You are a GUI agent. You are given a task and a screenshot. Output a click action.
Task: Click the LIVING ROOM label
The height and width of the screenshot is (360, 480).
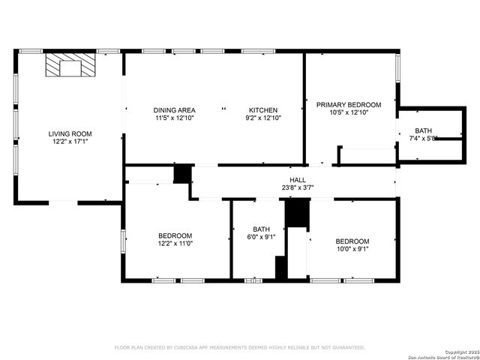(x=70, y=133)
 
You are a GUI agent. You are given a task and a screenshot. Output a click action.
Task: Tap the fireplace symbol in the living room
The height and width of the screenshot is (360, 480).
(x=70, y=65)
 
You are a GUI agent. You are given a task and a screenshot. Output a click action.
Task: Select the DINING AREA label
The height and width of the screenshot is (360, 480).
(x=175, y=110)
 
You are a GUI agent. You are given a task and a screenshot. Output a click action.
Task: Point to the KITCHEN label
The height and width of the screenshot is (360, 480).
(x=263, y=110)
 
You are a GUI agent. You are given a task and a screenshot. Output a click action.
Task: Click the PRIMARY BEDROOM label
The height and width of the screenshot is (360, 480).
(x=349, y=104)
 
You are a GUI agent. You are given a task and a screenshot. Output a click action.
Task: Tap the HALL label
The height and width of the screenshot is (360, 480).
(x=298, y=180)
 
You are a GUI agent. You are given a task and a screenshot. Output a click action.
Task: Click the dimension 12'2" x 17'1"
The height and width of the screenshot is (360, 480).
(x=70, y=141)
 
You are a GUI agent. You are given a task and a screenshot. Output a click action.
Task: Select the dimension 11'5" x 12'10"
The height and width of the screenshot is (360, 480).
(x=175, y=118)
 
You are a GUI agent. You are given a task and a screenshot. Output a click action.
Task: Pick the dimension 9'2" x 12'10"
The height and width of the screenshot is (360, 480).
(x=263, y=118)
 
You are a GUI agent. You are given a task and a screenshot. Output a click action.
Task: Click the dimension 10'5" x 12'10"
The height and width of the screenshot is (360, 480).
(x=349, y=112)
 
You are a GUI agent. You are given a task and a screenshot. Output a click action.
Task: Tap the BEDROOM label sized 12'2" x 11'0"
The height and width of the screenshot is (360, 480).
(x=175, y=235)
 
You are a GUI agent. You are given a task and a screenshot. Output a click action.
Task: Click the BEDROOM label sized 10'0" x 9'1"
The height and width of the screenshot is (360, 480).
(x=352, y=241)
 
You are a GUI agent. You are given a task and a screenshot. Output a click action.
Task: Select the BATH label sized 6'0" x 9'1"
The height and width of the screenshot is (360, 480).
(x=261, y=229)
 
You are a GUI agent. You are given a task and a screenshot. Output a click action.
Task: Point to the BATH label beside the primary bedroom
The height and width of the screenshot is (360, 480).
(x=424, y=130)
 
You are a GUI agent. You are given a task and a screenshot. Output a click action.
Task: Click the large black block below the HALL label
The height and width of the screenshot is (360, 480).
(x=298, y=213)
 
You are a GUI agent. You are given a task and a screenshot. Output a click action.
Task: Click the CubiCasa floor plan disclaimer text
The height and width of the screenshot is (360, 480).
(x=239, y=347)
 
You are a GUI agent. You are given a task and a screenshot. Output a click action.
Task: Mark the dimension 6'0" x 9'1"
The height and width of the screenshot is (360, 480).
(x=261, y=237)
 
